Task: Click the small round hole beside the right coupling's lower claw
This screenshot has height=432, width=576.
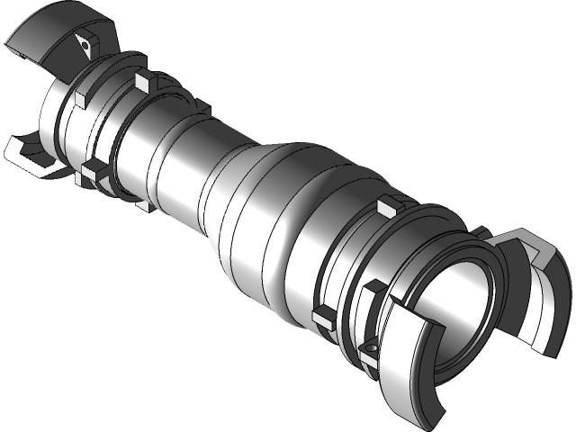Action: click(x=370, y=348)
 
